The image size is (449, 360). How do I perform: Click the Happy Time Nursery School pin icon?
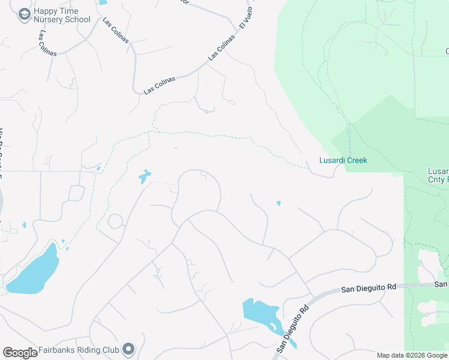click(24, 14)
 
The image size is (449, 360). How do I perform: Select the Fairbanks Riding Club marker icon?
click(128, 349)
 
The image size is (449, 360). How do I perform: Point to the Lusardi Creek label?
click(342, 160)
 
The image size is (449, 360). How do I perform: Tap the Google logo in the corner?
click(20, 353)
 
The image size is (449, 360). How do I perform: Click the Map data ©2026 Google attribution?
click(412, 355)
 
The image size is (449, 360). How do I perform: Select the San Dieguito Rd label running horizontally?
click(369, 289)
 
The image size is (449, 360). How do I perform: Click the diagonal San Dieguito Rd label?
click(293, 328)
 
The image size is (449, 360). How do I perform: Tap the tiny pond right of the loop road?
click(278, 203)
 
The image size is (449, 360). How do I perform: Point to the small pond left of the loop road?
click(144, 176)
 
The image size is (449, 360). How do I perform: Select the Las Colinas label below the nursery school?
click(47, 43)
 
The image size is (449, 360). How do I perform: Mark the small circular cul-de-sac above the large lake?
click(115, 221)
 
